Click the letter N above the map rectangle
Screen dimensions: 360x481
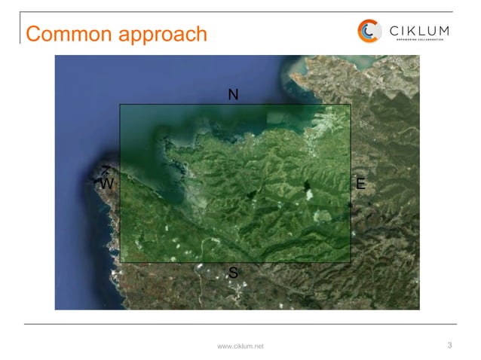pos(233,95)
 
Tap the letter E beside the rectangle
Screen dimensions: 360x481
pos(360,184)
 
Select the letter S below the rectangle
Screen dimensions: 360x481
pos(233,273)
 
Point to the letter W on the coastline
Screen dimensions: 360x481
pos(106,184)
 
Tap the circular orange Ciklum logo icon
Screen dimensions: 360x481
pos(369,31)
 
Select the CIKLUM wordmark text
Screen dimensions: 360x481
pos(419,30)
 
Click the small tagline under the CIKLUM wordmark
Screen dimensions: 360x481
pos(419,41)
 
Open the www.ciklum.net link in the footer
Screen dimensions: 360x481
pos(240,346)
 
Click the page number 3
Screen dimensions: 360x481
pos(449,345)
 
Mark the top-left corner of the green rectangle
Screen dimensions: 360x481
pos(121,105)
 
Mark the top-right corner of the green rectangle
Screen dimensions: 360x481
pos(351,105)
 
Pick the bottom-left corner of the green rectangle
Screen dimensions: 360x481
pos(121,262)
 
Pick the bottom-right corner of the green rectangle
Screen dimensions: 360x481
pos(351,262)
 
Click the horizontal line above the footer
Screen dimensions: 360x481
pos(240,325)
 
